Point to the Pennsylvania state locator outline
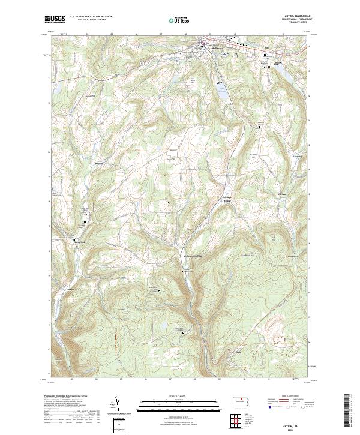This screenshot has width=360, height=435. [245, 403]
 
